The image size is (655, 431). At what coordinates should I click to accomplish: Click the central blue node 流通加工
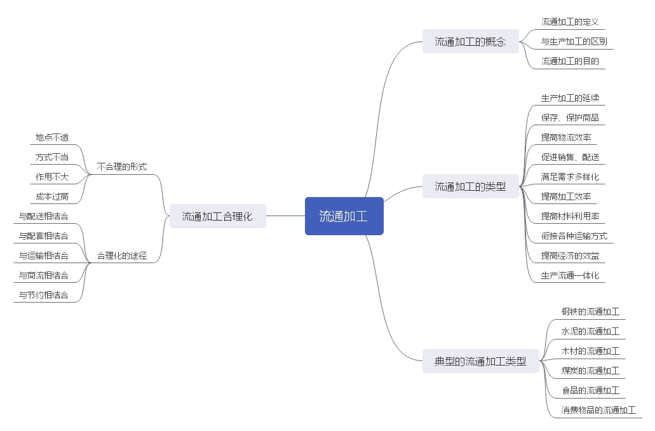point(344,216)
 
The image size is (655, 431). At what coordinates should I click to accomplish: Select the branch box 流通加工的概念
point(470,42)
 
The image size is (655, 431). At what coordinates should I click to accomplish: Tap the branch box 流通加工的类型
point(470,187)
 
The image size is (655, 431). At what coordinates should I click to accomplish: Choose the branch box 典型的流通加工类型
point(480,362)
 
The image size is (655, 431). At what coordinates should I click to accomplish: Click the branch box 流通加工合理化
point(217,216)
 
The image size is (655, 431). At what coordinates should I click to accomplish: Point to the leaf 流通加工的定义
point(570,22)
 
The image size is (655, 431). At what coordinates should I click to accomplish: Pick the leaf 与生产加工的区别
point(574,42)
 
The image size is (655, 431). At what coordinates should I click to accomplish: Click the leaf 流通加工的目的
point(570,62)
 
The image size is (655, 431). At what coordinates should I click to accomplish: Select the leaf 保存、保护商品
point(570,118)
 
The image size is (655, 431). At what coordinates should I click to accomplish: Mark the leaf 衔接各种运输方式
point(574,236)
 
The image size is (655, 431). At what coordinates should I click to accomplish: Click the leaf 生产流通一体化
point(570,276)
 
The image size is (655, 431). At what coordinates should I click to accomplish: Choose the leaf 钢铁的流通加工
point(590,312)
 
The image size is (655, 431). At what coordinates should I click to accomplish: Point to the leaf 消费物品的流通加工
point(598,411)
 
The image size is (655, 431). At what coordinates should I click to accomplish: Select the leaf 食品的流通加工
point(590,391)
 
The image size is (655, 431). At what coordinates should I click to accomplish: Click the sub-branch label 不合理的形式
point(122,167)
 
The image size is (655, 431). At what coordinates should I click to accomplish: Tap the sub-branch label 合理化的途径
point(122,256)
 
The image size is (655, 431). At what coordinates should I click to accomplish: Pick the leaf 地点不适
point(52,137)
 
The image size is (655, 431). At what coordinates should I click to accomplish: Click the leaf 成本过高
point(52,197)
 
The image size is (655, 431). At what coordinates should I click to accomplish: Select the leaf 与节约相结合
point(44,296)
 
